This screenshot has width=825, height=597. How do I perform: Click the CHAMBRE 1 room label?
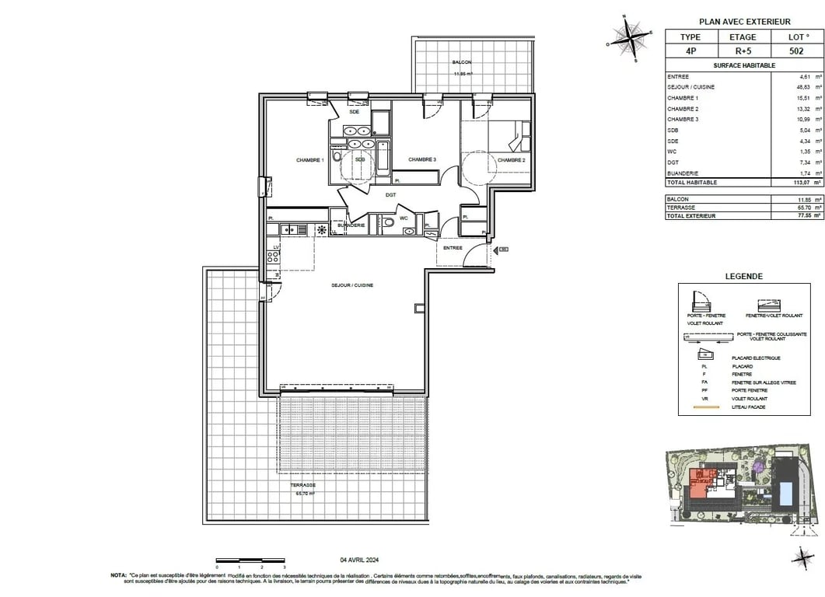309,160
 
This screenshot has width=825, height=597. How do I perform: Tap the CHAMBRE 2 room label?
512,160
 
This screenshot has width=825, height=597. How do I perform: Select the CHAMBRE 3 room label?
422,160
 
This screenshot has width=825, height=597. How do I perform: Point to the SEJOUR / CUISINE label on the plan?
354,285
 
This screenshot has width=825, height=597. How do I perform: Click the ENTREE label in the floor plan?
453,248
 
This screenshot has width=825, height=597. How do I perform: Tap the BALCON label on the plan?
462,62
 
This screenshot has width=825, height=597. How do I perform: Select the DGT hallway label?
390,194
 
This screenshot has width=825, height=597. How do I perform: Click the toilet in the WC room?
388,223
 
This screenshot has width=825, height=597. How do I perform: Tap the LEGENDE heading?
744,276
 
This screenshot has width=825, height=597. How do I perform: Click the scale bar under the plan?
250,560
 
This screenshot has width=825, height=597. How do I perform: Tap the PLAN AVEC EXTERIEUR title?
744,22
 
